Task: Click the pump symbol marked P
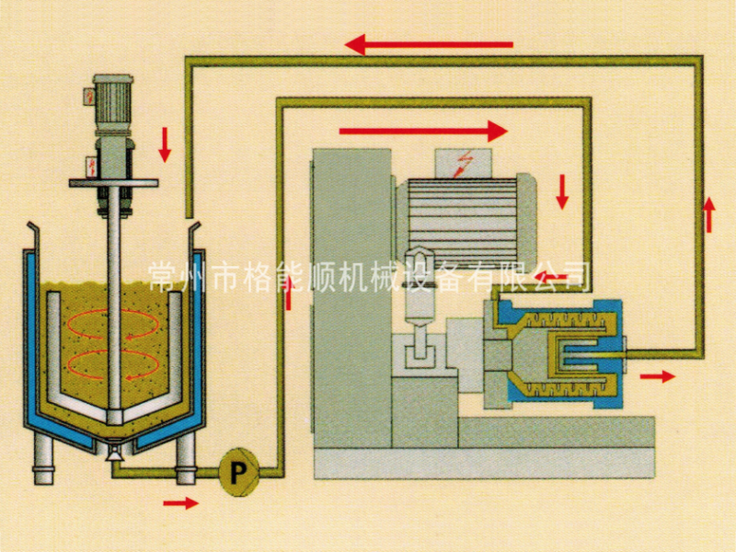(x=238, y=472)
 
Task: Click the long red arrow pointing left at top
(x=429, y=45)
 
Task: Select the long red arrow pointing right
(x=423, y=131)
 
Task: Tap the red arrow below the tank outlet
(x=180, y=503)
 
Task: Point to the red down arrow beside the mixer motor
(x=165, y=144)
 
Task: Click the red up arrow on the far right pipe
(x=708, y=214)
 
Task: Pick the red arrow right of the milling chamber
(x=658, y=376)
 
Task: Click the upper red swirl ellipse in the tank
(x=112, y=324)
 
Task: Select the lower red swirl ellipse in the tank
(x=112, y=364)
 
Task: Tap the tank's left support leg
(x=43, y=456)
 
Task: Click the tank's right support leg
(x=186, y=457)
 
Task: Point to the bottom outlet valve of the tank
(x=115, y=451)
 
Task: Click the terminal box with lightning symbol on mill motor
(x=464, y=164)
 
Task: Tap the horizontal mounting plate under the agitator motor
(x=113, y=183)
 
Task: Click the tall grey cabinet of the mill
(x=351, y=298)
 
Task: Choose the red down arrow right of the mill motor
(x=562, y=191)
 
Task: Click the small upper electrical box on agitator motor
(x=88, y=98)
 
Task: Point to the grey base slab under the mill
(x=485, y=464)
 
